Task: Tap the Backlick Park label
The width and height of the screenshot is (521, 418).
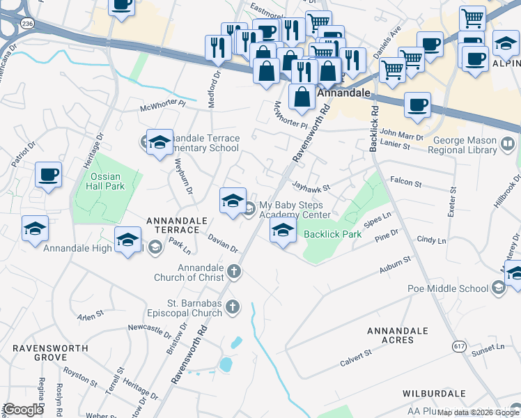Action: (x=332, y=234)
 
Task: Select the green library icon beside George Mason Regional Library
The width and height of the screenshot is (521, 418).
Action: (x=508, y=145)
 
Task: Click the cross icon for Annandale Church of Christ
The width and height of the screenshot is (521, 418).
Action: (x=235, y=271)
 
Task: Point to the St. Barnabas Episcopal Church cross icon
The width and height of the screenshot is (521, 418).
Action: (x=235, y=307)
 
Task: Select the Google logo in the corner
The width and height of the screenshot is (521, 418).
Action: (x=23, y=410)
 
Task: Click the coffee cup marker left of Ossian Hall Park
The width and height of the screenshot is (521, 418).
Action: (x=48, y=175)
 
